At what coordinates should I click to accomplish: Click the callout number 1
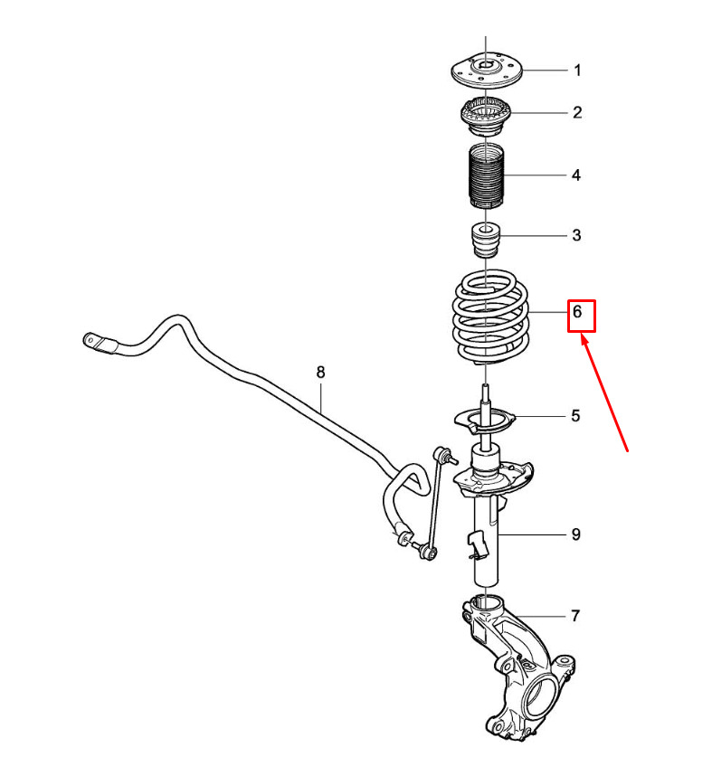[x=577, y=71]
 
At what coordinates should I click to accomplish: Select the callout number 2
[x=577, y=113]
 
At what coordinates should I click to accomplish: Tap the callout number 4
[x=576, y=175]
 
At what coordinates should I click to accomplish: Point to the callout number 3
[x=576, y=235]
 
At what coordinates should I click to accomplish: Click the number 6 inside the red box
[x=577, y=312]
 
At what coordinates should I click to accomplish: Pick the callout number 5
[x=575, y=416]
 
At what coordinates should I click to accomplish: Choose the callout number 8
[x=320, y=373]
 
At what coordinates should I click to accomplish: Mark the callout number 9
[x=576, y=534]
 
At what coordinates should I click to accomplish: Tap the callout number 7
[x=575, y=616]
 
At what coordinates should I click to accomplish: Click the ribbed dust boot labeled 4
[x=486, y=175]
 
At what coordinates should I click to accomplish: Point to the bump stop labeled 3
[x=486, y=240]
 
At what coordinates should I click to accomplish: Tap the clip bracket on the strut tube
[x=478, y=544]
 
